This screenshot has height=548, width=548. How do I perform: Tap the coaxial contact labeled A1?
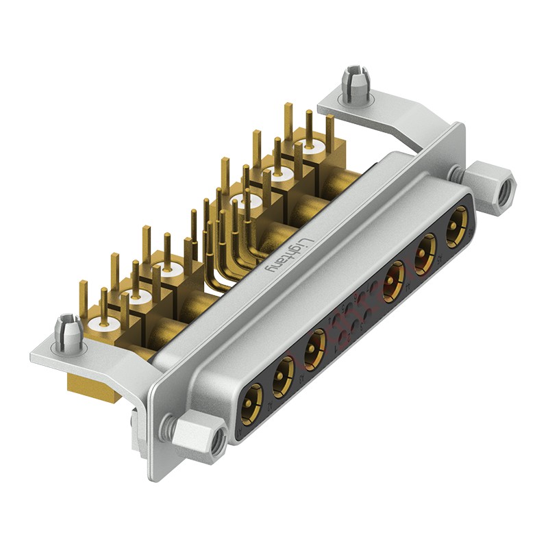[x=252, y=402]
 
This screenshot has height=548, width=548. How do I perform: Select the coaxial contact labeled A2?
[x=282, y=376]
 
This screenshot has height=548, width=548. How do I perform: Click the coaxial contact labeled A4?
[x=393, y=281]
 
